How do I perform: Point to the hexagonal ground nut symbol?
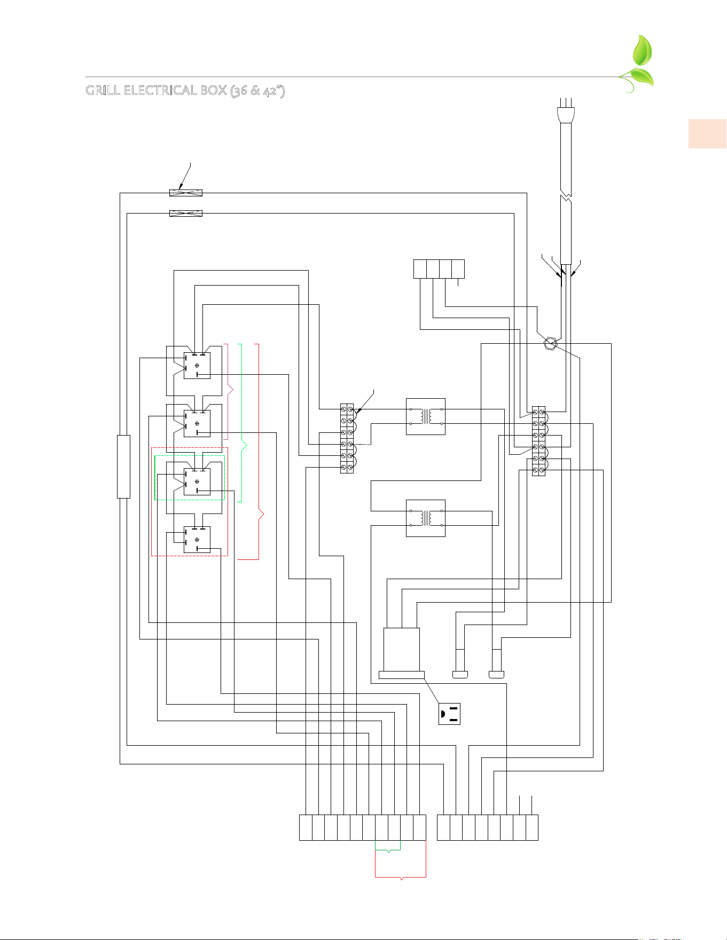click(x=550, y=343)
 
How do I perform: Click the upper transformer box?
click(x=426, y=416)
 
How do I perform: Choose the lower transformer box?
click(x=426, y=518)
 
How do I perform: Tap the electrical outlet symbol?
click(x=449, y=714)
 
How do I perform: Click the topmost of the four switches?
click(x=197, y=366)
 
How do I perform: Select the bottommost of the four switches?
click(x=197, y=540)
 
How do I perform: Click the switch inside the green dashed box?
click(x=197, y=481)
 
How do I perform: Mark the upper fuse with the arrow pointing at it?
click(x=186, y=193)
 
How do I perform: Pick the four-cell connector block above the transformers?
click(x=439, y=269)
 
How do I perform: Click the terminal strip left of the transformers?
click(x=347, y=438)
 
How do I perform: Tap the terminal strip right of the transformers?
click(x=538, y=441)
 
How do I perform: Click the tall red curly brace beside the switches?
click(x=260, y=452)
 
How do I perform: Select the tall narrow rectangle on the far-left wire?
click(x=123, y=467)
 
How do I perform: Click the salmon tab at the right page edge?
click(x=708, y=133)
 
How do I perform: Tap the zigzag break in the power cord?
click(x=566, y=194)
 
